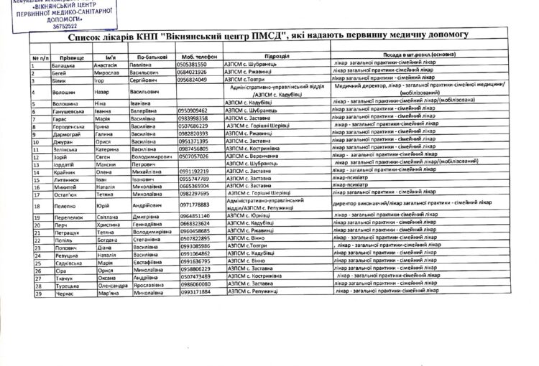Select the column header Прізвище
tap(72, 56)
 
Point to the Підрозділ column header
tap(277, 55)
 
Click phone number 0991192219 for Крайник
tap(195, 172)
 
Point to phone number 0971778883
tap(196, 205)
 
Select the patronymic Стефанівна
tap(151, 239)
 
